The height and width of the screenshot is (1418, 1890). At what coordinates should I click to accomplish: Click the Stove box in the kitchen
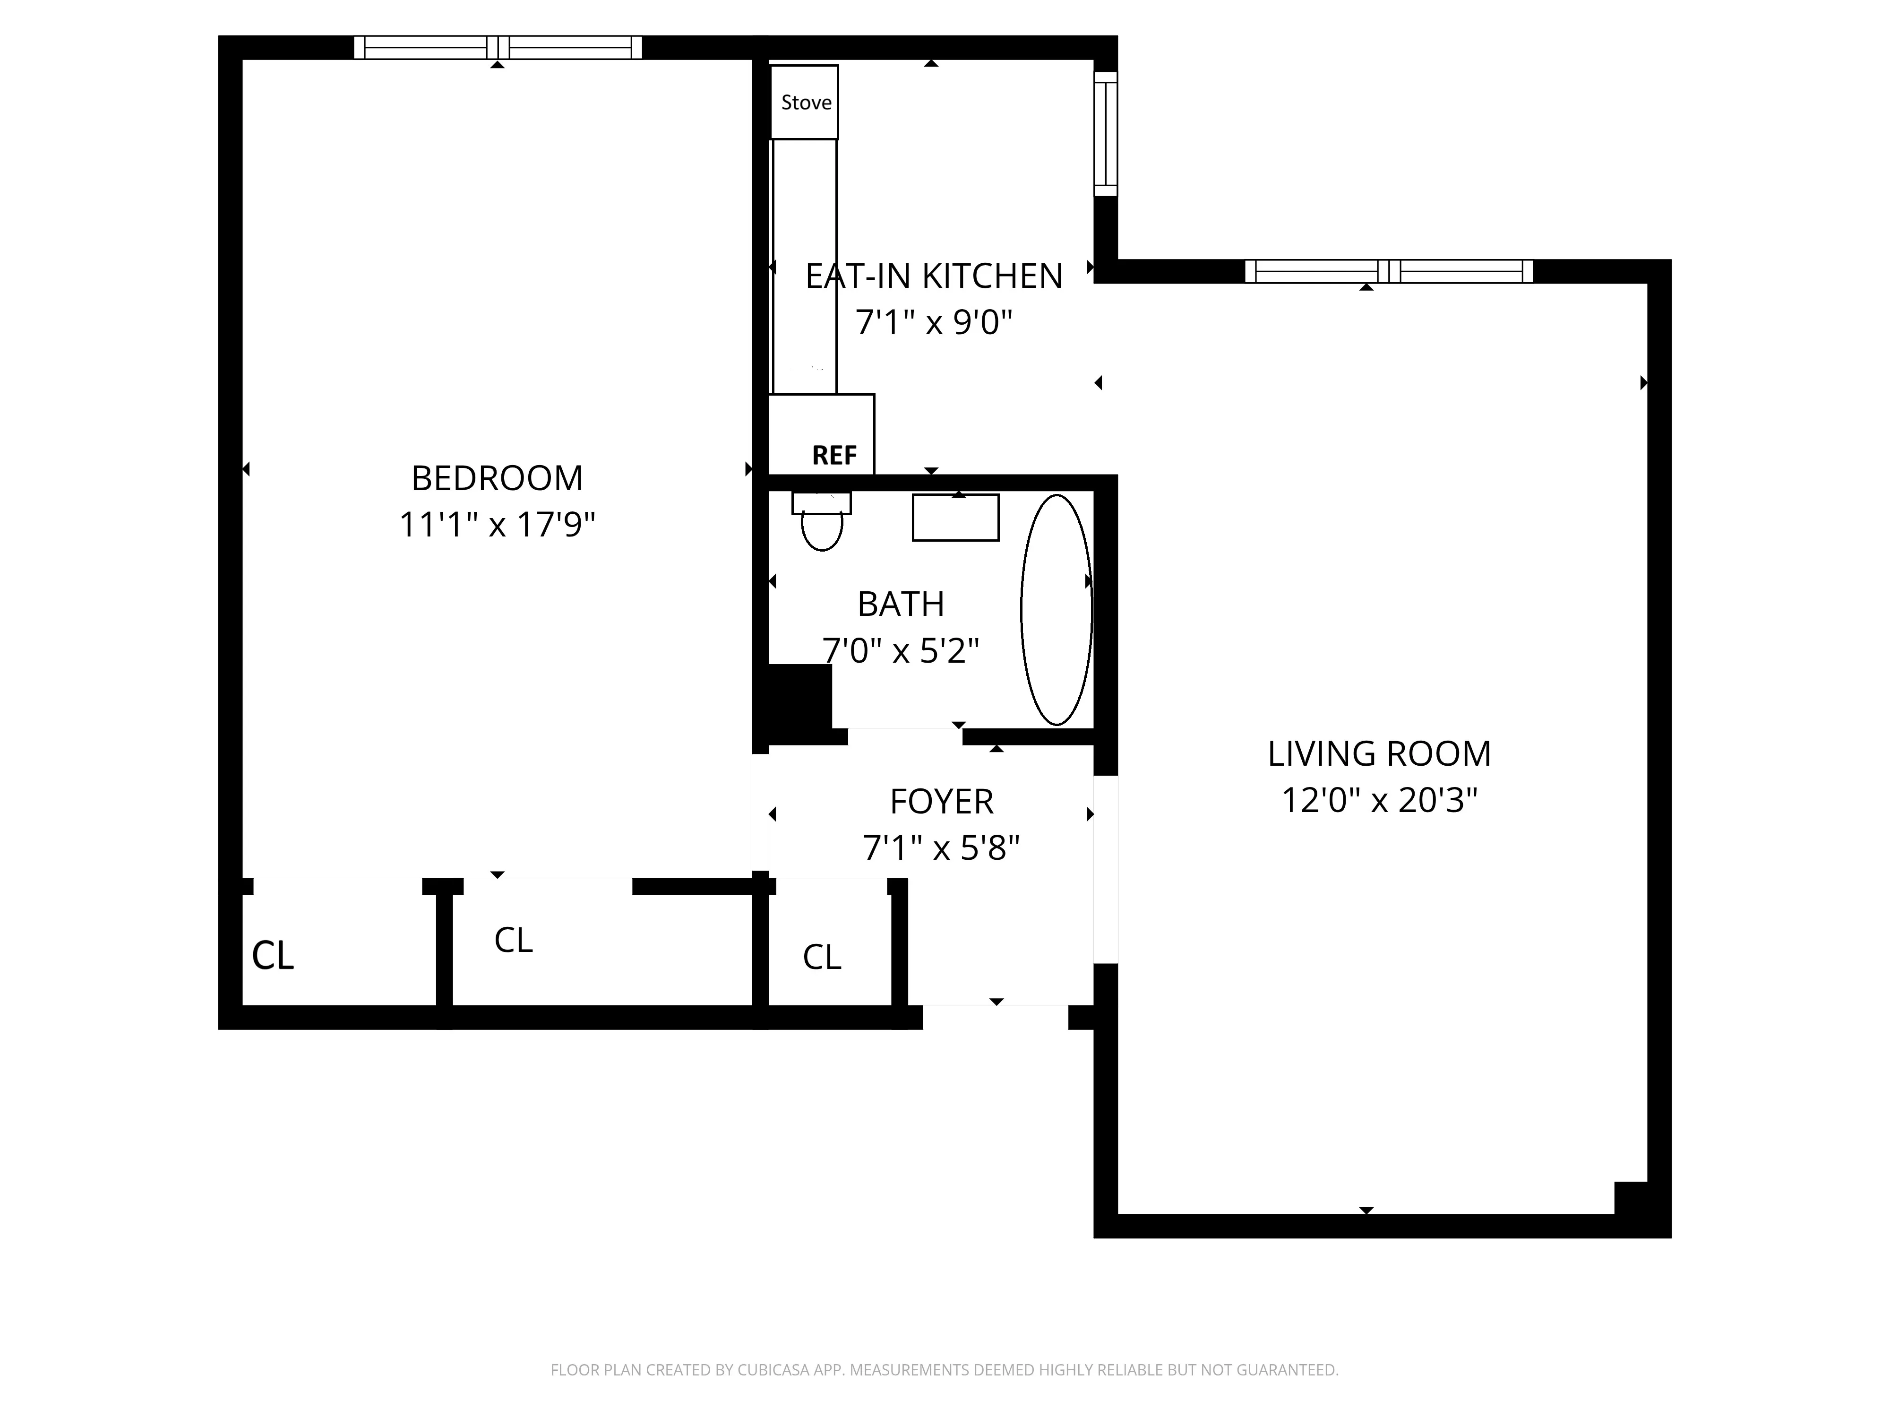pos(804,102)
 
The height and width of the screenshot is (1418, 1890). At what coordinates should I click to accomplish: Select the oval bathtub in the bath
pos(1056,609)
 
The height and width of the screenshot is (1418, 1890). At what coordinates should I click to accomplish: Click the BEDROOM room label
pos(497,478)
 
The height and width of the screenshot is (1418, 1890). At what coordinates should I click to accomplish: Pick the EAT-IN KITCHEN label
pos(934,276)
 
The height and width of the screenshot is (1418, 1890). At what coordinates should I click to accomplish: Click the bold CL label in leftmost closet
pos(273,956)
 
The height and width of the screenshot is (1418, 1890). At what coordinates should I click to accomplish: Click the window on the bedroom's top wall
pos(497,47)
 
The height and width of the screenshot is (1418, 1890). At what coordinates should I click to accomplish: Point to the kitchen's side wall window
pos(1106,134)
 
